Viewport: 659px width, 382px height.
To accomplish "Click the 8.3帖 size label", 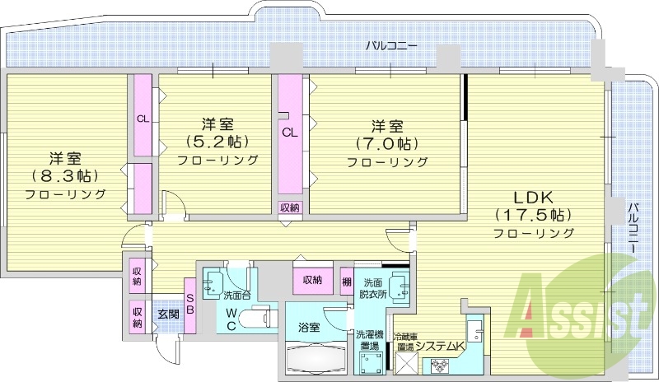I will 65,175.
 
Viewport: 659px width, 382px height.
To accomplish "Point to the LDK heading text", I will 534,197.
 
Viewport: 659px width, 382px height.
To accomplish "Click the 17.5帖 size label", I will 534,215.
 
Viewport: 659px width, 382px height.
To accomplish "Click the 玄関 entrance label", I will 168,313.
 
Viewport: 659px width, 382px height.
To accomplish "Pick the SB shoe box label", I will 189,304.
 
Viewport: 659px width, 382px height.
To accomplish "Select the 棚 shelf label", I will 347,281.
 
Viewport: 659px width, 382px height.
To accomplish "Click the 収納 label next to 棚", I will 311,281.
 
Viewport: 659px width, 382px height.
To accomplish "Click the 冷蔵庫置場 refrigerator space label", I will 404,342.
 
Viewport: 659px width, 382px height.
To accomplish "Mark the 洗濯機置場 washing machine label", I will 368,341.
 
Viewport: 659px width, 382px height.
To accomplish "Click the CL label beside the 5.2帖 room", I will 143,119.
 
